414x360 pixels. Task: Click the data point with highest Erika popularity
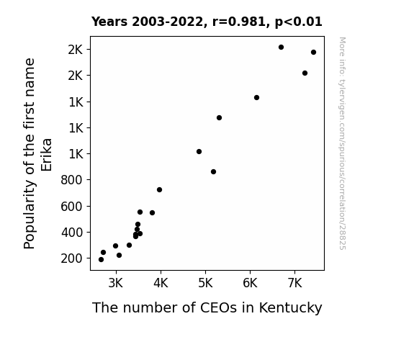281,48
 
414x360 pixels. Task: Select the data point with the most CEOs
313,53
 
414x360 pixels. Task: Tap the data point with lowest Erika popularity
101,260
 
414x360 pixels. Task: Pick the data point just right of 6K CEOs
256,98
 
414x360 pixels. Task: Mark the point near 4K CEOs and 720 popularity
159,190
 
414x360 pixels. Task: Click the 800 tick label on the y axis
72,180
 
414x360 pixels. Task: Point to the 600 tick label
72,207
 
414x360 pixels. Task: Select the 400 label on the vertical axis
72,233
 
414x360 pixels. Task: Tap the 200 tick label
72,258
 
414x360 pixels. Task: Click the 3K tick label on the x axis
116,283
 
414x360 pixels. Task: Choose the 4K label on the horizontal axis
161,283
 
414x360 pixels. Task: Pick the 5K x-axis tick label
205,283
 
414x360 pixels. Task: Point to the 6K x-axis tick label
250,283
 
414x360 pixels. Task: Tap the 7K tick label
294,283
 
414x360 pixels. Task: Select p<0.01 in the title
299,22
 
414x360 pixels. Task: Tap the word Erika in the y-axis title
47,155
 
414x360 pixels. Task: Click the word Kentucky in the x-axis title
290,308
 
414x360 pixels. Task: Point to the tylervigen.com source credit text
342,143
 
